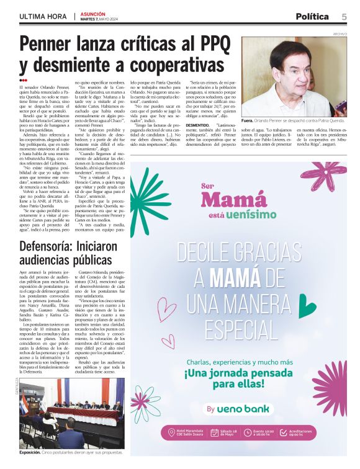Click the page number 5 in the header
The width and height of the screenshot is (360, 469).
click(x=344, y=16)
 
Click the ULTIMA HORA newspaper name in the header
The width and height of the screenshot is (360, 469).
click(x=43, y=16)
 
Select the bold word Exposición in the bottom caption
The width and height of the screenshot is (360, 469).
click(x=30, y=452)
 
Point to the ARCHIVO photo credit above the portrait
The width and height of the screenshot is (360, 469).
click(x=340, y=34)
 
